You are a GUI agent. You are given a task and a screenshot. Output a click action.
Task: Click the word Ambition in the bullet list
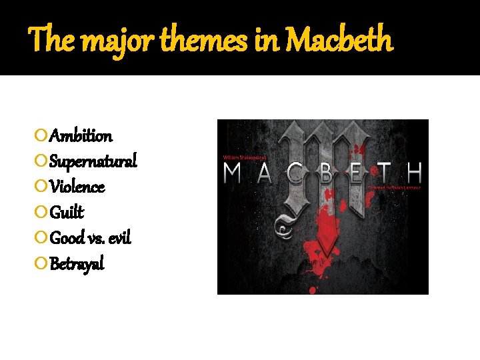click(81, 136)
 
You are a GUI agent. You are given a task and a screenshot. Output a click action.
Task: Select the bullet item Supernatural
click(93, 161)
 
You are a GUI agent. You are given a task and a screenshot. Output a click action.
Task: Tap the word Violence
click(77, 187)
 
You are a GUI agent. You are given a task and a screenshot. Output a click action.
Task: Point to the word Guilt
click(67, 213)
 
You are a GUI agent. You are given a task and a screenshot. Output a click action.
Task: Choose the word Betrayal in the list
click(77, 264)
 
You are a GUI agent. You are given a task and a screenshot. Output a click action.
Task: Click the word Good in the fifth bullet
click(67, 238)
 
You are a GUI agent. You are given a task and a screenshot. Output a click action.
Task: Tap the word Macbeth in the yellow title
click(340, 41)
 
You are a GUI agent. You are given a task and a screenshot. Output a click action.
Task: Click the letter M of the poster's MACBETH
click(233, 175)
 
